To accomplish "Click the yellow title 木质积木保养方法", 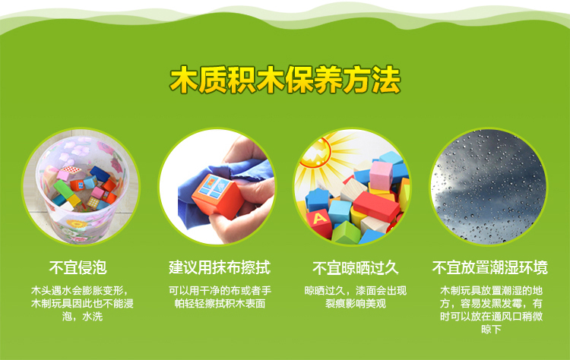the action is click(285, 80).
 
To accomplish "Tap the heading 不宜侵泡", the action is click(78, 268).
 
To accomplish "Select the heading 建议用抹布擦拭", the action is click(220, 268).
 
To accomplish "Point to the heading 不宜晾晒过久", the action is click(356, 268).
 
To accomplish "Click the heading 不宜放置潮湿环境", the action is click(489, 268).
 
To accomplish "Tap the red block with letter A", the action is click(319, 222).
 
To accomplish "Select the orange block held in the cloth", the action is click(217, 196).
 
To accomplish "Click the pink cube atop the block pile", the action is click(381, 175).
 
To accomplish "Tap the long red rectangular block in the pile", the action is click(376, 207).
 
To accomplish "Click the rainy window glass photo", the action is click(489, 187).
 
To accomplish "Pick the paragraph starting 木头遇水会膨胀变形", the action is click(82, 303).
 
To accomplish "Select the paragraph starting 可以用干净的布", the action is click(220, 297).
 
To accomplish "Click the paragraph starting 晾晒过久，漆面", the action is click(356, 297).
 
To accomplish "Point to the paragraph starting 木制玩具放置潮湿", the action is click(491, 310).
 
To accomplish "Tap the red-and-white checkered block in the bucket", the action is click(71, 169).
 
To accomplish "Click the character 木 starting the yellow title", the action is click(184, 80).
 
